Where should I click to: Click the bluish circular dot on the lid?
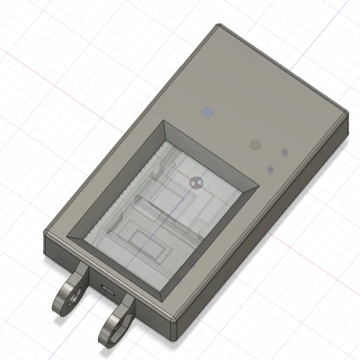click(208, 112)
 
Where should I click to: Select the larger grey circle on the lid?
click(255, 144)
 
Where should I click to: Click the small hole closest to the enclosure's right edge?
click(284, 152)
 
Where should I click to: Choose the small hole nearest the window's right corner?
click(269, 167)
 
